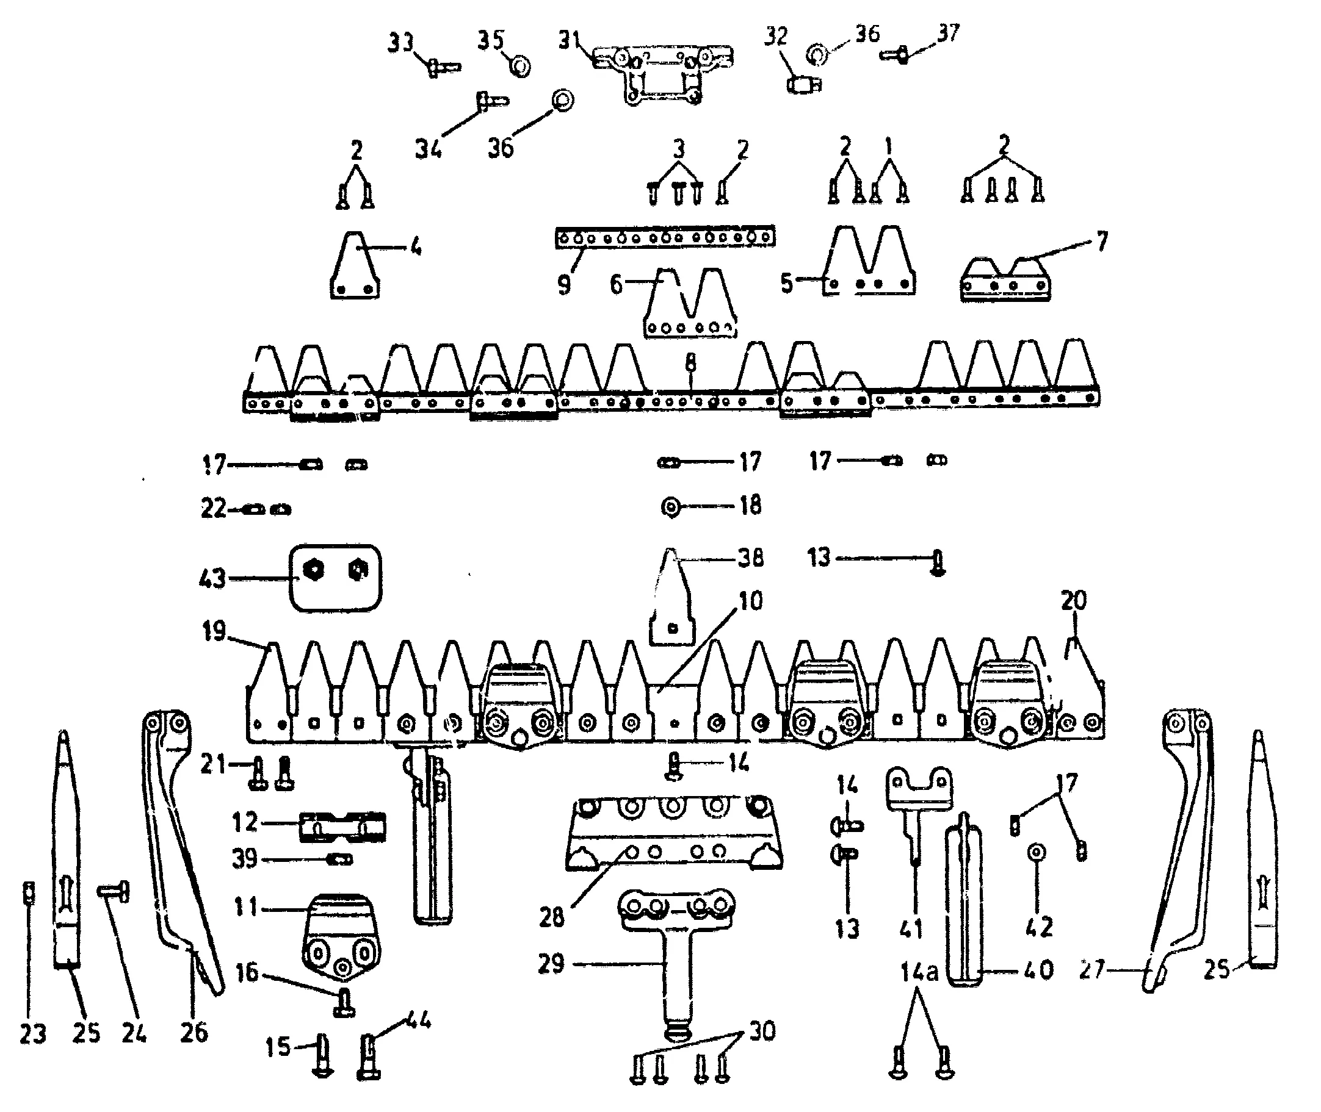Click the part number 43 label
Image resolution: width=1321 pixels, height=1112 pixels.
pyautogui.click(x=212, y=578)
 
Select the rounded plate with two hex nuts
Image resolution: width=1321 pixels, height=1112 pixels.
pyautogui.click(x=336, y=578)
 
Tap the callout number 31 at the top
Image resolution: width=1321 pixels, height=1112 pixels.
pyautogui.click(x=569, y=40)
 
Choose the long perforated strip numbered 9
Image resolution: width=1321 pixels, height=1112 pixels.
pyautogui.click(x=665, y=238)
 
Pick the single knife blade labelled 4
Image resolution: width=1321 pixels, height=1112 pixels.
pyautogui.click(x=355, y=267)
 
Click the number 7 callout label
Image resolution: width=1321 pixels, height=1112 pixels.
pyautogui.click(x=1102, y=242)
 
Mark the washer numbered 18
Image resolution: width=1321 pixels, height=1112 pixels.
pyautogui.click(x=671, y=506)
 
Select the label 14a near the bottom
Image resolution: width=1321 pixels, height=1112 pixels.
pyautogui.click(x=919, y=972)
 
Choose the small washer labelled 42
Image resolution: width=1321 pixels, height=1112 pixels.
pyautogui.click(x=1037, y=853)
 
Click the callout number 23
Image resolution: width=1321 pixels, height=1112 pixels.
pyautogui.click(x=33, y=1034)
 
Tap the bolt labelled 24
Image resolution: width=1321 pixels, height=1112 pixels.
pyautogui.click(x=114, y=892)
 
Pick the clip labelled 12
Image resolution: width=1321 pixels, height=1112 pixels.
pyautogui.click(x=342, y=827)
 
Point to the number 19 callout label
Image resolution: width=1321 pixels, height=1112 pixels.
pyautogui.click(x=214, y=630)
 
